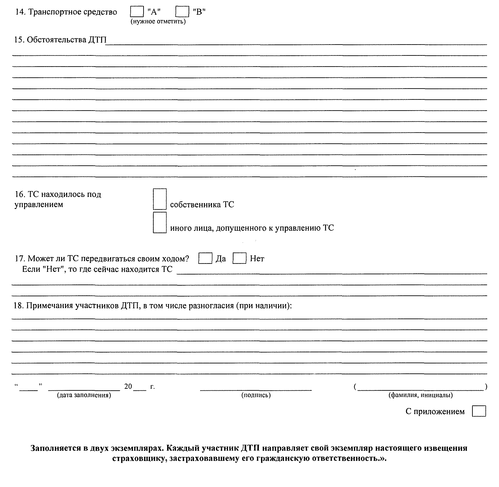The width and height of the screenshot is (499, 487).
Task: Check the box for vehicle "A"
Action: click(x=137, y=12)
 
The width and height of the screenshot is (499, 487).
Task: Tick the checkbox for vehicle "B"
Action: click(x=182, y=12)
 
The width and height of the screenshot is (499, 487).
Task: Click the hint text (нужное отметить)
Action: click(x=158, y=22)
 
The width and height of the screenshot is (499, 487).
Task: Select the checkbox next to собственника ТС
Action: click(x=160, y=199)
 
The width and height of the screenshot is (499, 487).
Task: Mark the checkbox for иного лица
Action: click(x=160, y=222)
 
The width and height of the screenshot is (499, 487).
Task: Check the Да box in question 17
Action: click(x=205, y=258)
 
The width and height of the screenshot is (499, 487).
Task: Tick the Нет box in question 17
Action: click(x=239, y=258)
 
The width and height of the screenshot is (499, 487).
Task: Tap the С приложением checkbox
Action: click(x=479, y=411)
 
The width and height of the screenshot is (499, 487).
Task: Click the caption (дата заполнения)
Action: click(x=84, y=395)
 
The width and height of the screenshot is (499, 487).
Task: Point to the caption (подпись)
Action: click(x=256, y=395)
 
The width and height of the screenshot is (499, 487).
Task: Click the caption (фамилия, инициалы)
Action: click(x=421, y=395)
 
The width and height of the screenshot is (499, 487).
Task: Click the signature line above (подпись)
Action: click(x=256, y=389)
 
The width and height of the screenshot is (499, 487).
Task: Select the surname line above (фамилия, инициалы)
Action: click(x=421, y=389)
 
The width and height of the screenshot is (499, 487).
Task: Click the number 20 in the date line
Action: click(x=128, y=386)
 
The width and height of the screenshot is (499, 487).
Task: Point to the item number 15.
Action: click(x=18, y=40)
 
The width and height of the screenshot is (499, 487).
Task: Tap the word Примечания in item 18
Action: click(x=49, y=306)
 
